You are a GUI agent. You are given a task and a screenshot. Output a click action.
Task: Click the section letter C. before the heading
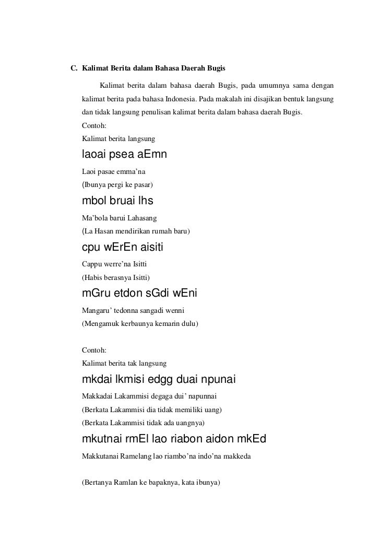pos(74,68)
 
